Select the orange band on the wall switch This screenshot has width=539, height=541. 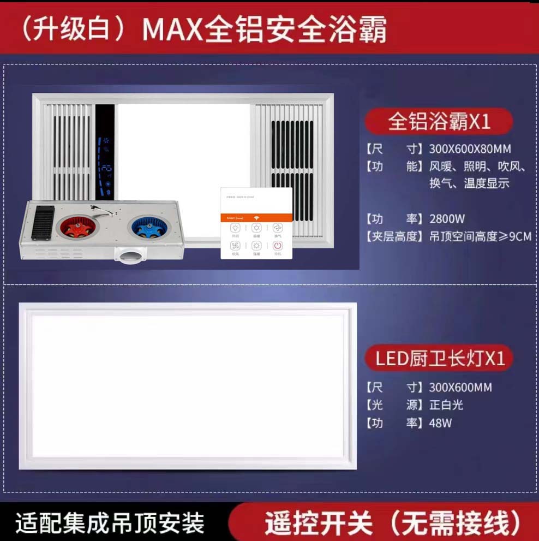[256, 217]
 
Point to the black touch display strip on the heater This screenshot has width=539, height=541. [105, 153]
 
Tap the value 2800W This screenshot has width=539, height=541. [447, 219]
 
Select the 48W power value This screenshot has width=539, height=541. [440, 423]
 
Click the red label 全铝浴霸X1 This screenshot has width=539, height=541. [440, 122]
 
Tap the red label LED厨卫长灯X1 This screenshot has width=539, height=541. [440, 359]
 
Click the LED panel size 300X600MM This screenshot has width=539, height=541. [460, 388]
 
